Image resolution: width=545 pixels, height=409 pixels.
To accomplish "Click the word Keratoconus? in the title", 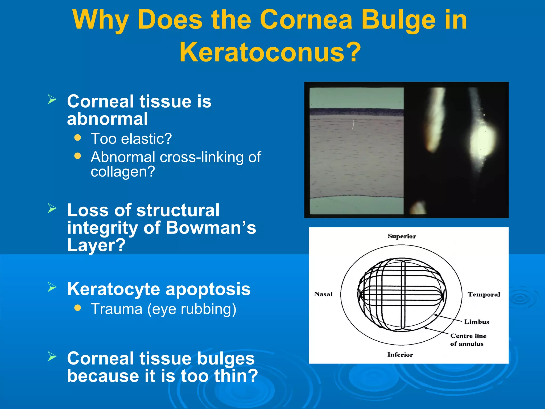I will pos(270,52).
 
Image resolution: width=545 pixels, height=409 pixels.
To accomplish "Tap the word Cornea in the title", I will pos(306,20).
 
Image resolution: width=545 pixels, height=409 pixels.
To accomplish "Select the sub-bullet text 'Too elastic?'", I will pos(131,139).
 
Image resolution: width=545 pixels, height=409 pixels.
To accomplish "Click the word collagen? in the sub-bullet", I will pos(123,172).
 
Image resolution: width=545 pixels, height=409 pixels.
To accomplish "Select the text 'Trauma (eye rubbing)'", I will pos(163,309).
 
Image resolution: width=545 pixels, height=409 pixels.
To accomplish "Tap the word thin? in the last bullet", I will pos(236,376).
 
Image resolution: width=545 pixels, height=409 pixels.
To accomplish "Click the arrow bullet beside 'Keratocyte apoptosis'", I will pos(52,287).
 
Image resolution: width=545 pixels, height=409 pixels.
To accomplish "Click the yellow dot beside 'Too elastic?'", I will pos(77,137).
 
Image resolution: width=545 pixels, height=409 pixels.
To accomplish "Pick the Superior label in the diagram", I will pos(402,236).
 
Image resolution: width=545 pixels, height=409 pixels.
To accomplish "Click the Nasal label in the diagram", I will pos(323,294).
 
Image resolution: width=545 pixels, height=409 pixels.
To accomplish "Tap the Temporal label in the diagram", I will pos(484,295).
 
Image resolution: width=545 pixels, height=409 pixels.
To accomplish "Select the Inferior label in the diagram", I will pos(400,355).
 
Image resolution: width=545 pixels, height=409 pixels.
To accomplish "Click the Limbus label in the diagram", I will pos(476,322).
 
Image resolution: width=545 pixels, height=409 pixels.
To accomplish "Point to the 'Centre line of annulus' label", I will pos(468,340).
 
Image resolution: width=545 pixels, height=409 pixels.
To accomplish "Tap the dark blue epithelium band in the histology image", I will pos(357,112).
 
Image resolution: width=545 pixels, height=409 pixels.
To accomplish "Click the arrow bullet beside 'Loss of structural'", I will pos(52,208).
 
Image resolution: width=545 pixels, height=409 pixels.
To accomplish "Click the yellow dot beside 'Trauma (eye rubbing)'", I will pos(77,308).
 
